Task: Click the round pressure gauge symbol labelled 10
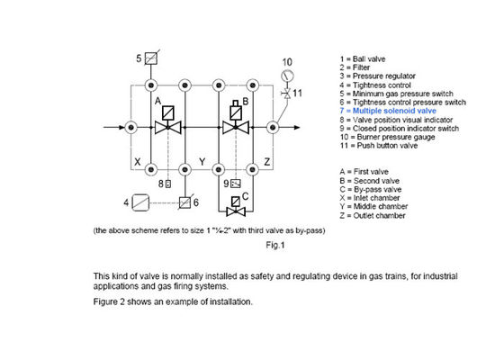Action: coord(287,76)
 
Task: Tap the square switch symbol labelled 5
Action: coord(152,59)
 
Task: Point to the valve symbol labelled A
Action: coord(168,127)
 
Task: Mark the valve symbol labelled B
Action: coord(238,127)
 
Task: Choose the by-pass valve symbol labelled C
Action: coord(238,213)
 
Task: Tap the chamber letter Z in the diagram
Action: coord(267,162)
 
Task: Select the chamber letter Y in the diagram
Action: coord(203,162)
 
